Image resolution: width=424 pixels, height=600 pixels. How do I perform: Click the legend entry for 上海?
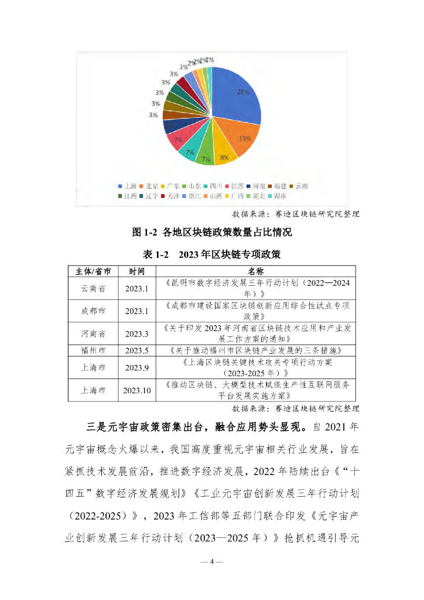click(128, 186)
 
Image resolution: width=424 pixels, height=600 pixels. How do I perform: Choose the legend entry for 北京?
click(151, 186)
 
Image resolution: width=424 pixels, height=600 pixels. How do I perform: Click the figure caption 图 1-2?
click(211, 232)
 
